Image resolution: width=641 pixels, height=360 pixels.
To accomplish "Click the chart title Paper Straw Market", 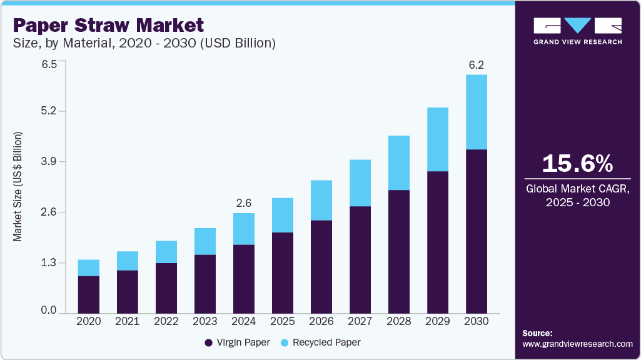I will pyautogui.click(x=108, y=26).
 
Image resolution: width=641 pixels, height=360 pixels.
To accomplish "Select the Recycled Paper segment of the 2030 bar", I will pyautogui.click(x=477, y=112).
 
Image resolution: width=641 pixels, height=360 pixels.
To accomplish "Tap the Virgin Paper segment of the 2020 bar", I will pyautogui.click(x=89, y=294).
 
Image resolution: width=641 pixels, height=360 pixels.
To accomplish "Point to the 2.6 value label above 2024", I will pyautogui.click(x=244, y=203).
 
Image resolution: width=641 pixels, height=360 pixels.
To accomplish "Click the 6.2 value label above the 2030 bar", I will pyautogui.click(x=477, y=65).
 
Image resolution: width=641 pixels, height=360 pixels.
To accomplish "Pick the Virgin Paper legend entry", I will pyautogui.click(x=237, y=342).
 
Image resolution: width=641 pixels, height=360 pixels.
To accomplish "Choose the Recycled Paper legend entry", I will pyautogui.click(x=320, y=342).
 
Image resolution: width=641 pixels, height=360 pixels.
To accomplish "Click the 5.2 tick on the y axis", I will pyautogui.click(x=49, y=111).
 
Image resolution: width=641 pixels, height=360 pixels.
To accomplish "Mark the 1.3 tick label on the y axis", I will pyautogui.click(x=49, y=262).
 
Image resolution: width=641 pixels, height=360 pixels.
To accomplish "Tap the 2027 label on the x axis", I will pyautogui.click(x=360, y=321).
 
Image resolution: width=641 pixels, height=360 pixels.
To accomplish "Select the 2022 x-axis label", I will pyautogui.click(x=166, y=321).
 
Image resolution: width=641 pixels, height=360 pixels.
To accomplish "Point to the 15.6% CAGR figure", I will pyautogui.click(x=577, y=164).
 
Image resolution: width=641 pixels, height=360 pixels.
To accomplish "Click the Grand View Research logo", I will pyautogui.click(x=577, y=31).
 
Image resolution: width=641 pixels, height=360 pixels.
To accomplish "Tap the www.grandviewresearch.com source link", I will pyautogui.click(x=577, y=344).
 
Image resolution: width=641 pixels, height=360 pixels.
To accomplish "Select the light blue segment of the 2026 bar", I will pyautogui.click(x=321, y=200).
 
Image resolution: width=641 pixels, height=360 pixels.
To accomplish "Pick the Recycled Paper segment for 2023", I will pyautogui.click(x=205, y=241).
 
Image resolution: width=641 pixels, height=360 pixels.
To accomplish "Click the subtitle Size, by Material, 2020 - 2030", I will pyautogui.click(x=144, y=44).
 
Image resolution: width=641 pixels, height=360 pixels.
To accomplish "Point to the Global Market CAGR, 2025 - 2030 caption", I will pyautogui.click(x=577, y=194).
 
